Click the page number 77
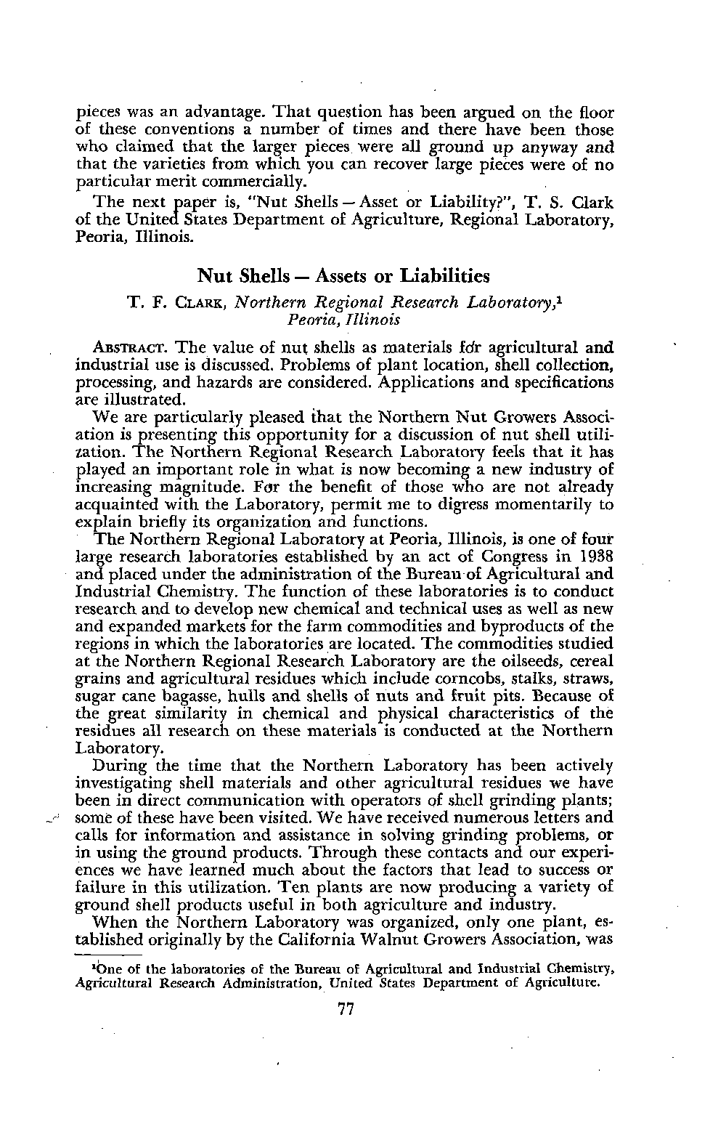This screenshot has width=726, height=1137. pyautogui.click(x=346, y=1009)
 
